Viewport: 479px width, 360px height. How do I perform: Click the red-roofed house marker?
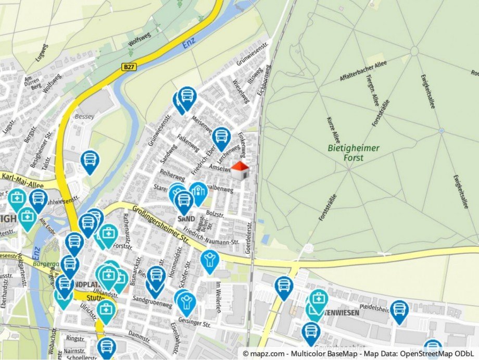click(240, 170)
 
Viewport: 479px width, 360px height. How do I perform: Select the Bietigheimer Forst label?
click(354, 152)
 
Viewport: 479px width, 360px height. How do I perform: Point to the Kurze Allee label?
click(333, 130)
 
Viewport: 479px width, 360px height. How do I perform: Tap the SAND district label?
click(185, 219)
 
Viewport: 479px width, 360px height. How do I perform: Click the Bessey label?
click(84, 116)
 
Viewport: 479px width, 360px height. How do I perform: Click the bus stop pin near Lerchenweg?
click(221, 137)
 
